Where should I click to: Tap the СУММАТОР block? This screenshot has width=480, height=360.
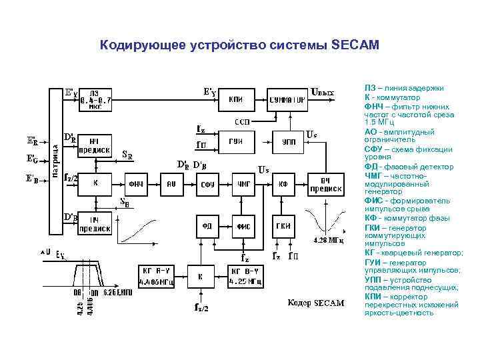point(287,100)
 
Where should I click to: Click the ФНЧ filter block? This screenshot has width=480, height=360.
point(137,183)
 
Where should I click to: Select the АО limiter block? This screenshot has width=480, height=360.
point(171,183)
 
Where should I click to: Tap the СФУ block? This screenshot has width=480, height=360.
point(207,183)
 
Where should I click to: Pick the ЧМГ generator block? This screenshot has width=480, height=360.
point(243,183)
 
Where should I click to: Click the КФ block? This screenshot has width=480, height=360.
point(283,183)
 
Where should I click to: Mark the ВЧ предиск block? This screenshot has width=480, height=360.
point(325,184)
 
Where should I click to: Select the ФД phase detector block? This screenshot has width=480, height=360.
point(207,226)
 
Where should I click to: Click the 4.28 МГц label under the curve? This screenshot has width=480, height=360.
point(327,239)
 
